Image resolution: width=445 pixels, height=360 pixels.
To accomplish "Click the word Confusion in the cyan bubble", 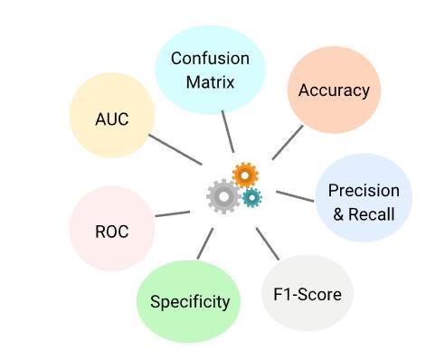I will tap(211, 59).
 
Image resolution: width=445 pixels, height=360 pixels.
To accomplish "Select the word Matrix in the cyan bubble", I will tap(211, 81).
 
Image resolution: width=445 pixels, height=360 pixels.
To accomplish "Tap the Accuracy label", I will tap(334, 90).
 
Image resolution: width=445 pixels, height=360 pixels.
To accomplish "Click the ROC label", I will tap(111, 231).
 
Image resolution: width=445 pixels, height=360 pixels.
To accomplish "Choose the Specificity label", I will tap(190, 301).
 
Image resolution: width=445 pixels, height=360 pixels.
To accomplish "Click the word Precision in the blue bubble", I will tap(364, 190).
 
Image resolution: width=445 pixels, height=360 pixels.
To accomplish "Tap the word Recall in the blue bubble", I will tap(374, 213).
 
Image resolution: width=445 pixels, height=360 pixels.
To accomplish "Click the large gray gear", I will tap(222, 195).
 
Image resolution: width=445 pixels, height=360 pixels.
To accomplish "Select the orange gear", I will tap(244, 174).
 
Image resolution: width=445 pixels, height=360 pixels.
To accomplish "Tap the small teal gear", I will tap(251, 197).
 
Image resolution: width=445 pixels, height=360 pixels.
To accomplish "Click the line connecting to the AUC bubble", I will tap(174, 149).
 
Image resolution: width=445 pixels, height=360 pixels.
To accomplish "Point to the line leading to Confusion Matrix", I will tap(229, 138).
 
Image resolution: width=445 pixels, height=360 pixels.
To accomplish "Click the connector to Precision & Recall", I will tap(293, 194).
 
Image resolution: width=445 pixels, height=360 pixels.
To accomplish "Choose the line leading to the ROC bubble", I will tap(172, 214).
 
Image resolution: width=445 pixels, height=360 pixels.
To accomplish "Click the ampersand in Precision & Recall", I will tap(339, 213).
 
